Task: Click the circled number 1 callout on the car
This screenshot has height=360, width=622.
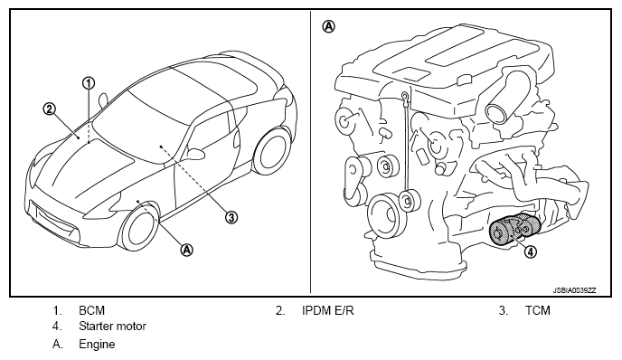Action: pos(89,83)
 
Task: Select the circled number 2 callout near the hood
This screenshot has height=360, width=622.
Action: pos(49,109)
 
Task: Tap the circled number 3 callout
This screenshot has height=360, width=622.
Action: pos(231,217)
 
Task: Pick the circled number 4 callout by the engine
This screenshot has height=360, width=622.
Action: pos(531,251)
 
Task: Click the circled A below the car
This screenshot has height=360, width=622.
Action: pos(187,250)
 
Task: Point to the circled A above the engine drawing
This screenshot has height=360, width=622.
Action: pos(328,26)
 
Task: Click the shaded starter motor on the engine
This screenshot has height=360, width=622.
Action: pos(514,230)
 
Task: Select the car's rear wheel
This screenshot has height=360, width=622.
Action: pos(273,151)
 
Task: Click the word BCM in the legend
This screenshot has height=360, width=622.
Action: pos(91,310)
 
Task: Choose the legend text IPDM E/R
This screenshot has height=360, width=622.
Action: pos(327,310)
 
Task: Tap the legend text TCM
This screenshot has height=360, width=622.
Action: pos(538,310)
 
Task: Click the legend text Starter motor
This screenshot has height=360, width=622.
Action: pos(113,327)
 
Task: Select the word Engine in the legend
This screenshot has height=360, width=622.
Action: pos(97,344)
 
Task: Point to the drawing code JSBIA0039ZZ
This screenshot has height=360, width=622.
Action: pos(574,290)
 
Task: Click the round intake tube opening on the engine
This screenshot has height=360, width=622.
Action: pos(497,112)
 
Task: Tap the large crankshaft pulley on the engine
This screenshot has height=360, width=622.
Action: pos(382,215)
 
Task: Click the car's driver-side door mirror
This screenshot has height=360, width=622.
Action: pos(194,153)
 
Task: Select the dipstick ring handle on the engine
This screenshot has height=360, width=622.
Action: pos(404,96)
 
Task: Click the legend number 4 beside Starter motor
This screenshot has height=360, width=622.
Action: pos(57,327)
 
